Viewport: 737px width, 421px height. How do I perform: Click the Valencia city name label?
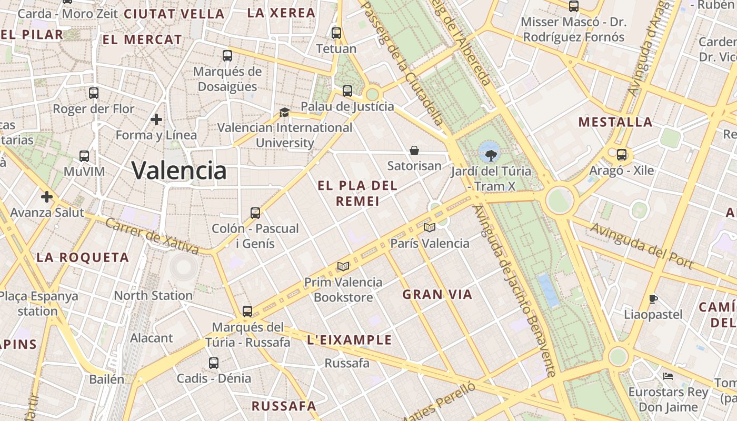(179, 171)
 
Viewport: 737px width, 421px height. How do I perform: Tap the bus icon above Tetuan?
(336, 33)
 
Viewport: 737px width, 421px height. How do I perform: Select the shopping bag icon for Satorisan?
(414, 151)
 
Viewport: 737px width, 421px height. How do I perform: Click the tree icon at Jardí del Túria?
(491, 155)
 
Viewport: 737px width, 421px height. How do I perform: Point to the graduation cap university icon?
(284, 112)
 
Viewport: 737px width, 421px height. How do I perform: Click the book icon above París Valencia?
(430, 227)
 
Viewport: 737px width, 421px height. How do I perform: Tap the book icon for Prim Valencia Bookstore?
(343, 266)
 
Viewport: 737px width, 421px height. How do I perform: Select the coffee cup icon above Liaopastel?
(653, 299)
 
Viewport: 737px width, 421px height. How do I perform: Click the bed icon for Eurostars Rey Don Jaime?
(668, 376)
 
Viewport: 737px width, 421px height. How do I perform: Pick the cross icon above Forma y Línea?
(156, 119)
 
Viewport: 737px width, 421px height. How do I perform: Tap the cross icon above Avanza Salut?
(47, 197)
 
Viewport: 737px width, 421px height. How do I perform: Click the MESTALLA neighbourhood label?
(615, 122)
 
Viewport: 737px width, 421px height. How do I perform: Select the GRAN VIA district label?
(437, 295)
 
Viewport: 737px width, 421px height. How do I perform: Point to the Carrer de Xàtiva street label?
(152, 236)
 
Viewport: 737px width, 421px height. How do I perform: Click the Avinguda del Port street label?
(641, 245)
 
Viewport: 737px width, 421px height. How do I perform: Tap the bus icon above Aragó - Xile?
(622, 155)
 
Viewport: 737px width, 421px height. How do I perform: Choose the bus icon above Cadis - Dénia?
(213, 363)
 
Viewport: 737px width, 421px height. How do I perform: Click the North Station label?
(153, 295)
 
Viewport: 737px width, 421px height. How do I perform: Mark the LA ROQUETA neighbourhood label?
(83, 257)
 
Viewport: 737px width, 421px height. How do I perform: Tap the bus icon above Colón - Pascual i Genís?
(255, 213)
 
